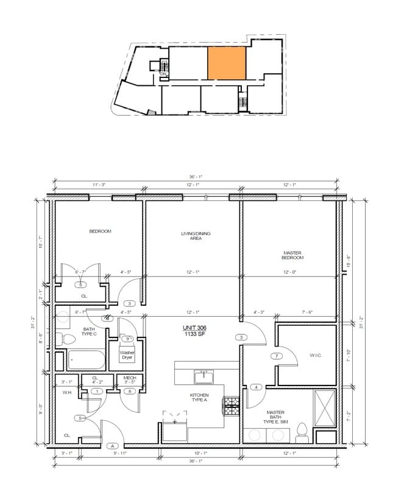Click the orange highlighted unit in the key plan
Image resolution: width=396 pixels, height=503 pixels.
pyautogui.click(x=227, y=63)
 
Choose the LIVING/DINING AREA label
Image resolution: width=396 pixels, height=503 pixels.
pyautogui.click(x=191, y=236)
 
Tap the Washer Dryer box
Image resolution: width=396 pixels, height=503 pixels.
pyautogui.click(x=127, y=355)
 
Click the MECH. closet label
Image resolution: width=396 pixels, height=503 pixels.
pyautogui.click(x=129, y=378)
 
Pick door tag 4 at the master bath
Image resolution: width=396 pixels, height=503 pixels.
pyautogui.click(x=256, y=387)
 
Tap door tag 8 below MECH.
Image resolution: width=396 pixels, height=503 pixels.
pyautogui.click(x=129, y=392)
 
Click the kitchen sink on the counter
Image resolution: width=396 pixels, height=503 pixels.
pyautogui.click(x=203, y=377)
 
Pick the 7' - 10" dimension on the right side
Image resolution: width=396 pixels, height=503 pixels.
pyautogui.click(x=349, y=356)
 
